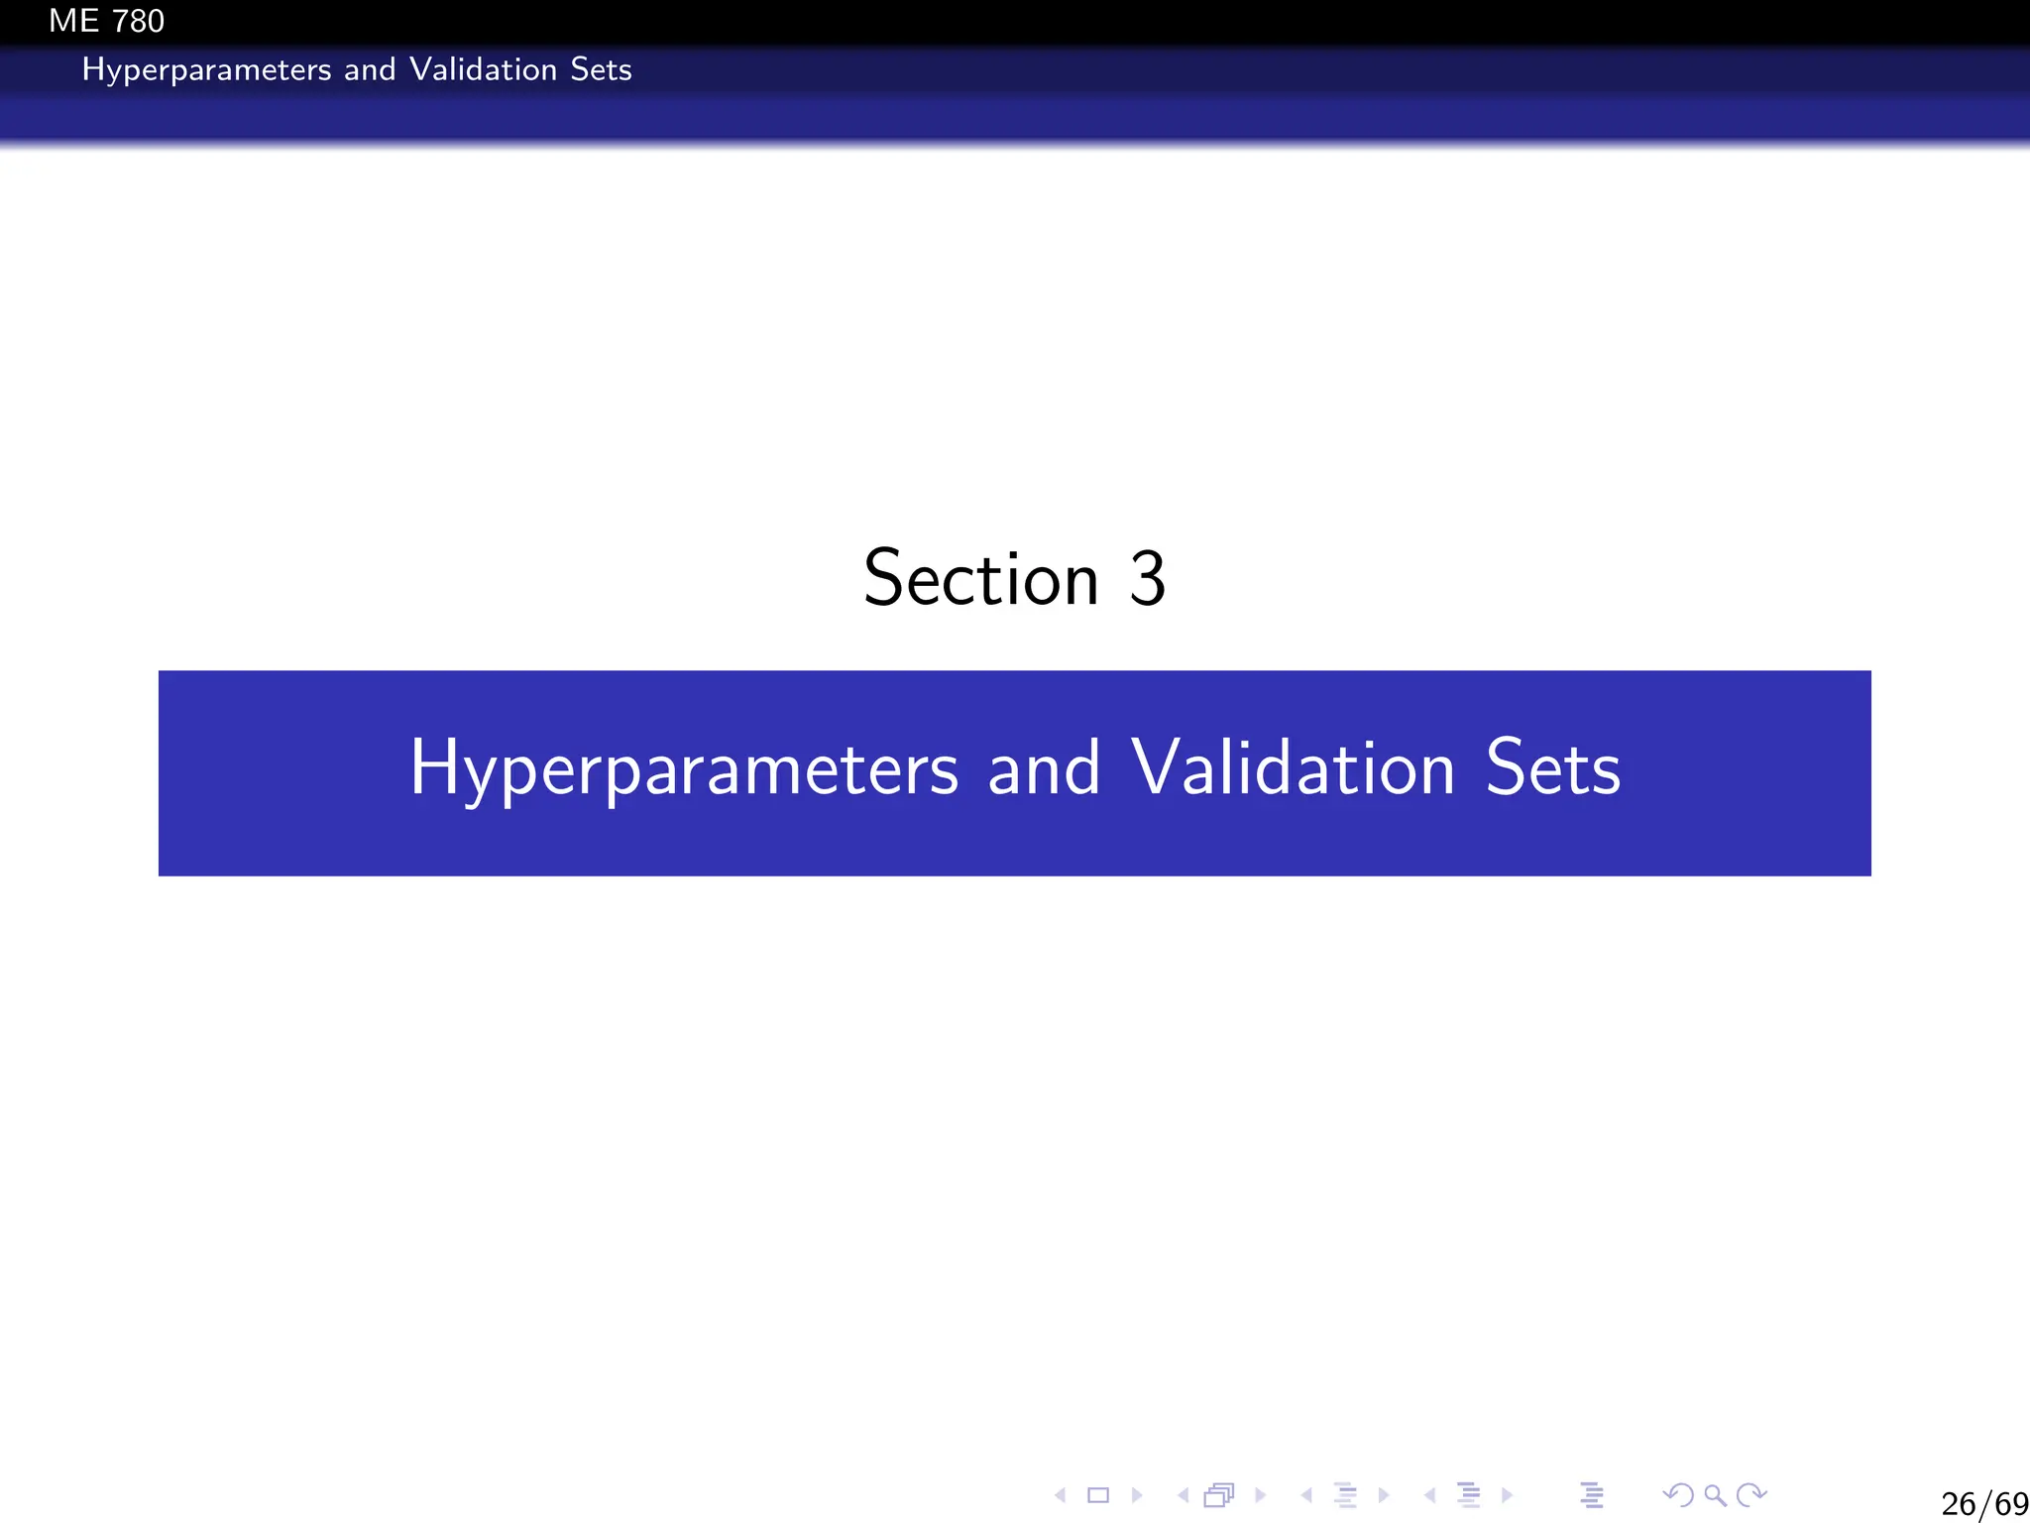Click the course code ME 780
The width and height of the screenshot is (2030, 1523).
coord(106,21)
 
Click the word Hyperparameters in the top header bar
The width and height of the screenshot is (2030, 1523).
coord(206,70)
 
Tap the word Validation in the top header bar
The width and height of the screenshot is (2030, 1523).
coord(483,69)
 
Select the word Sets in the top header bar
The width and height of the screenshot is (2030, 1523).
coord(601,69)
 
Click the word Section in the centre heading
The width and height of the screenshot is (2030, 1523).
coord(981,578)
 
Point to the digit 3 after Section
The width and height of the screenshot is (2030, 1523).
coord(1147,578)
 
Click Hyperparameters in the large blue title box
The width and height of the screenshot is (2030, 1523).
coord(684,769)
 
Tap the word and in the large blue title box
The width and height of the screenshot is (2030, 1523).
coord(1044,769)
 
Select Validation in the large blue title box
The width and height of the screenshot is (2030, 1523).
coord(1293,769)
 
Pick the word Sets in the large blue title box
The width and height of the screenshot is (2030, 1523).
coord(1552,769)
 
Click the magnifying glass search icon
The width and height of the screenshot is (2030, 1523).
coord(1715,1495)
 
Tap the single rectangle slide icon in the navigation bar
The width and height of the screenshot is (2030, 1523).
coord(1098,1495)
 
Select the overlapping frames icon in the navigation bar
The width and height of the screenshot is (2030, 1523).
coord(1219,1495)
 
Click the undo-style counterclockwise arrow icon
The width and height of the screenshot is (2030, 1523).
coord(1678,1494)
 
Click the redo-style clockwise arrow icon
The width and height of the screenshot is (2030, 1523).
coord(1752,1494)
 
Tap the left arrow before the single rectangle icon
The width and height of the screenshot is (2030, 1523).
coord(1061,1495)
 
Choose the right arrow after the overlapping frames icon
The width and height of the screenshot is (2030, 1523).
coord(1261,1495)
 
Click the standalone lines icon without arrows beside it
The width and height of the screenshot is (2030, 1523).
coord(1592,1495)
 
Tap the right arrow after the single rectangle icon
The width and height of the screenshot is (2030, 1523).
coord(1137,1495)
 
